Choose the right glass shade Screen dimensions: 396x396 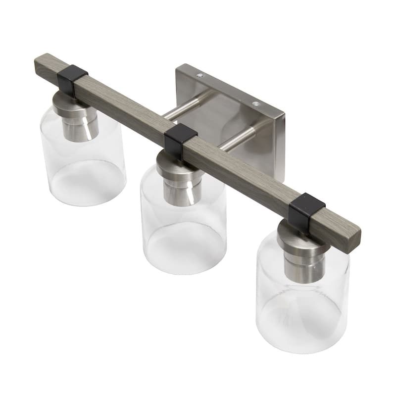click(x=302, y=302)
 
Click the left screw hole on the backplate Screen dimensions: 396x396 click(x=199, y=76)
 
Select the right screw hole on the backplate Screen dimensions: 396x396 click(x=255, y=104)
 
